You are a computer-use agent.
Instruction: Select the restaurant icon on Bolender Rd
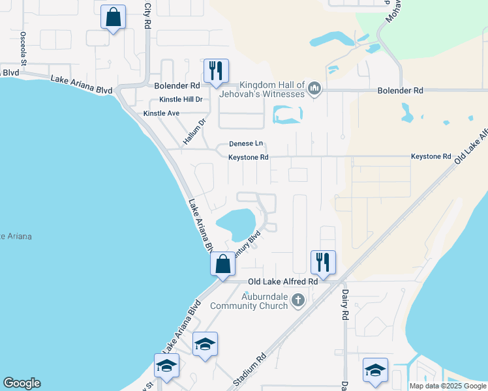tap(215, 70)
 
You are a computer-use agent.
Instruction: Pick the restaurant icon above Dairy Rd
tap(323, 262)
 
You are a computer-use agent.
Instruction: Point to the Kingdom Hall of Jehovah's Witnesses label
tap(272, 90)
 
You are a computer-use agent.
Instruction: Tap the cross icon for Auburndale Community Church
tap(298, 300)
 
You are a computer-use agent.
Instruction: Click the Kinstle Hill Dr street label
tap(181, 100)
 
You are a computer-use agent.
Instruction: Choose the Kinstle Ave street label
tap(161, 113)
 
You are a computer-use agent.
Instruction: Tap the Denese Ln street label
tap(246, 144)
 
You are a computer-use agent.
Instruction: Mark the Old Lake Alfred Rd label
tap(283, 282)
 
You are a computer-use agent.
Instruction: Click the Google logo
tap(22, 383)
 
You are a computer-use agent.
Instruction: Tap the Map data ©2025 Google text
tap(447, 386)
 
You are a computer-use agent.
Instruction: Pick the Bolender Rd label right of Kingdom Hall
tap(401, 91)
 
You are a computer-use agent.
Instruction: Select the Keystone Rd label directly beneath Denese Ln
tap(249, 157)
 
